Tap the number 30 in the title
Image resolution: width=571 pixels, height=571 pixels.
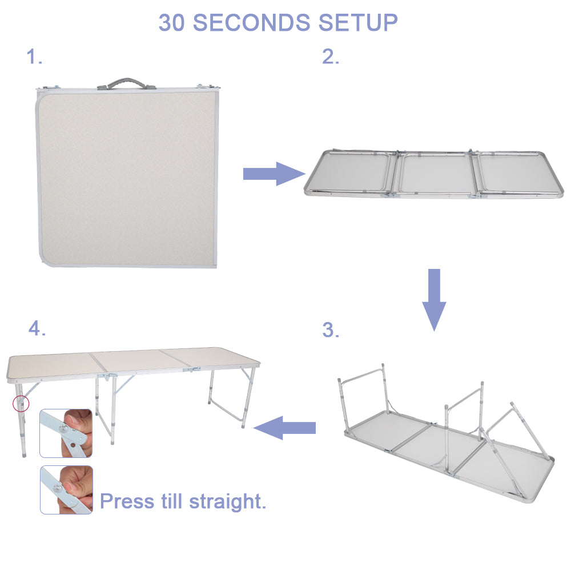172,23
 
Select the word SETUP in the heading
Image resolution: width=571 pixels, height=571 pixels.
358,23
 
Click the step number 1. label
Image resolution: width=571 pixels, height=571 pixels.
34,57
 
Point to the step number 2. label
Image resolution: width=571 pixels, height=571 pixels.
331,57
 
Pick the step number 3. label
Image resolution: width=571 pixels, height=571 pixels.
331,330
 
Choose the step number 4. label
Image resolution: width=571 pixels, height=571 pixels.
37,328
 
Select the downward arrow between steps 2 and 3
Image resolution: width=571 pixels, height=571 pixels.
434,298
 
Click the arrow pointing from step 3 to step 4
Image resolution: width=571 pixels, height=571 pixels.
285,428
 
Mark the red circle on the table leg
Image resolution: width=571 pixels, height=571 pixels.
21,403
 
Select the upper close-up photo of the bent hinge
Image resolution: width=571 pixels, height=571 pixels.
66,433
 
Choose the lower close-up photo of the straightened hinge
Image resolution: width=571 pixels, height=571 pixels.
66,490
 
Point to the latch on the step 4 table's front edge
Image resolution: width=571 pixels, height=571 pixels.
191,370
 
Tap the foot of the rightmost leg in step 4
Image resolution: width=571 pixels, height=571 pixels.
244,425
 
